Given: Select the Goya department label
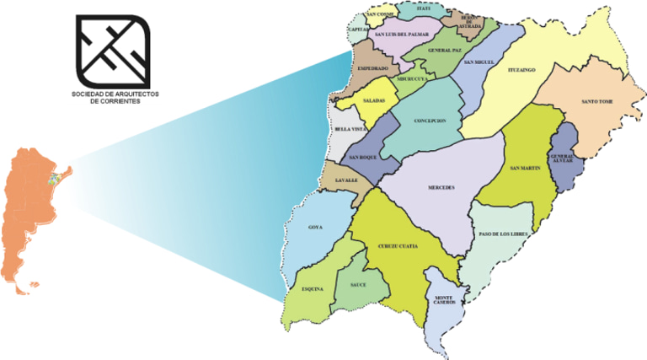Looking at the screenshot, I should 315,228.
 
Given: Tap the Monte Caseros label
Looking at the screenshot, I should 444,301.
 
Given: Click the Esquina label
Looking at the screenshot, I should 313,289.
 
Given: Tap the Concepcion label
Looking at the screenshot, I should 430,121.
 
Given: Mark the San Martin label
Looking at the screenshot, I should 526,169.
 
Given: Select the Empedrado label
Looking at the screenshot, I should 372,68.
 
